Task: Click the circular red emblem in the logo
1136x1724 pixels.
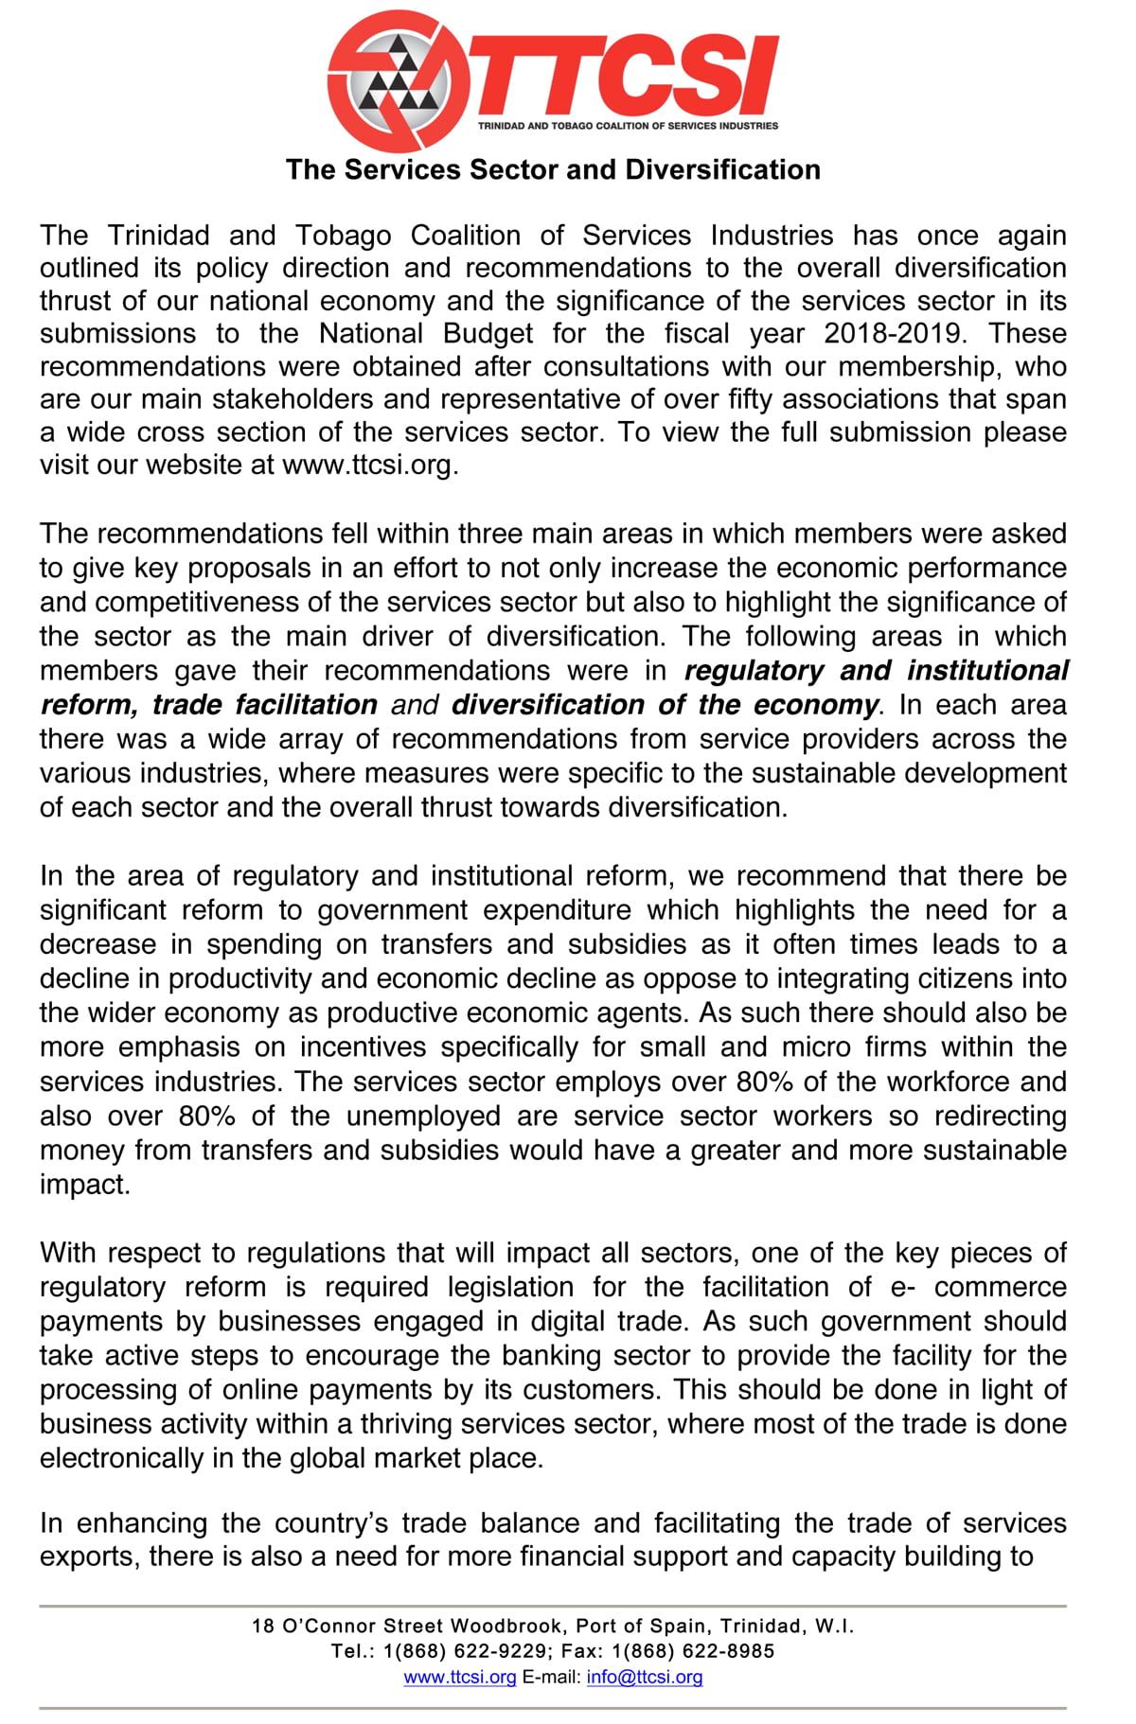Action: (x=399, y=81)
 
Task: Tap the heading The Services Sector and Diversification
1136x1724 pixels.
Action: (x=553, y=169)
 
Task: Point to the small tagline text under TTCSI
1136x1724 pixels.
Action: (x=628, y=125)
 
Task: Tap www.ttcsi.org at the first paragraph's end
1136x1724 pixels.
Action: (x=368, y=465)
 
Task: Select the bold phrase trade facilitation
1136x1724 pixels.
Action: (x=264, y=705)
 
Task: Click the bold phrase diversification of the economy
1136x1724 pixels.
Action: (x=665, y=705)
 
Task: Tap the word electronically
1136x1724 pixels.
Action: (x=121, y=1458)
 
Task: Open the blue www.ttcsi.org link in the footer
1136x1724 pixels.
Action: (x=460, y=1677)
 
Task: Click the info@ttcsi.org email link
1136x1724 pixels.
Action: (x=645, y=1677)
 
